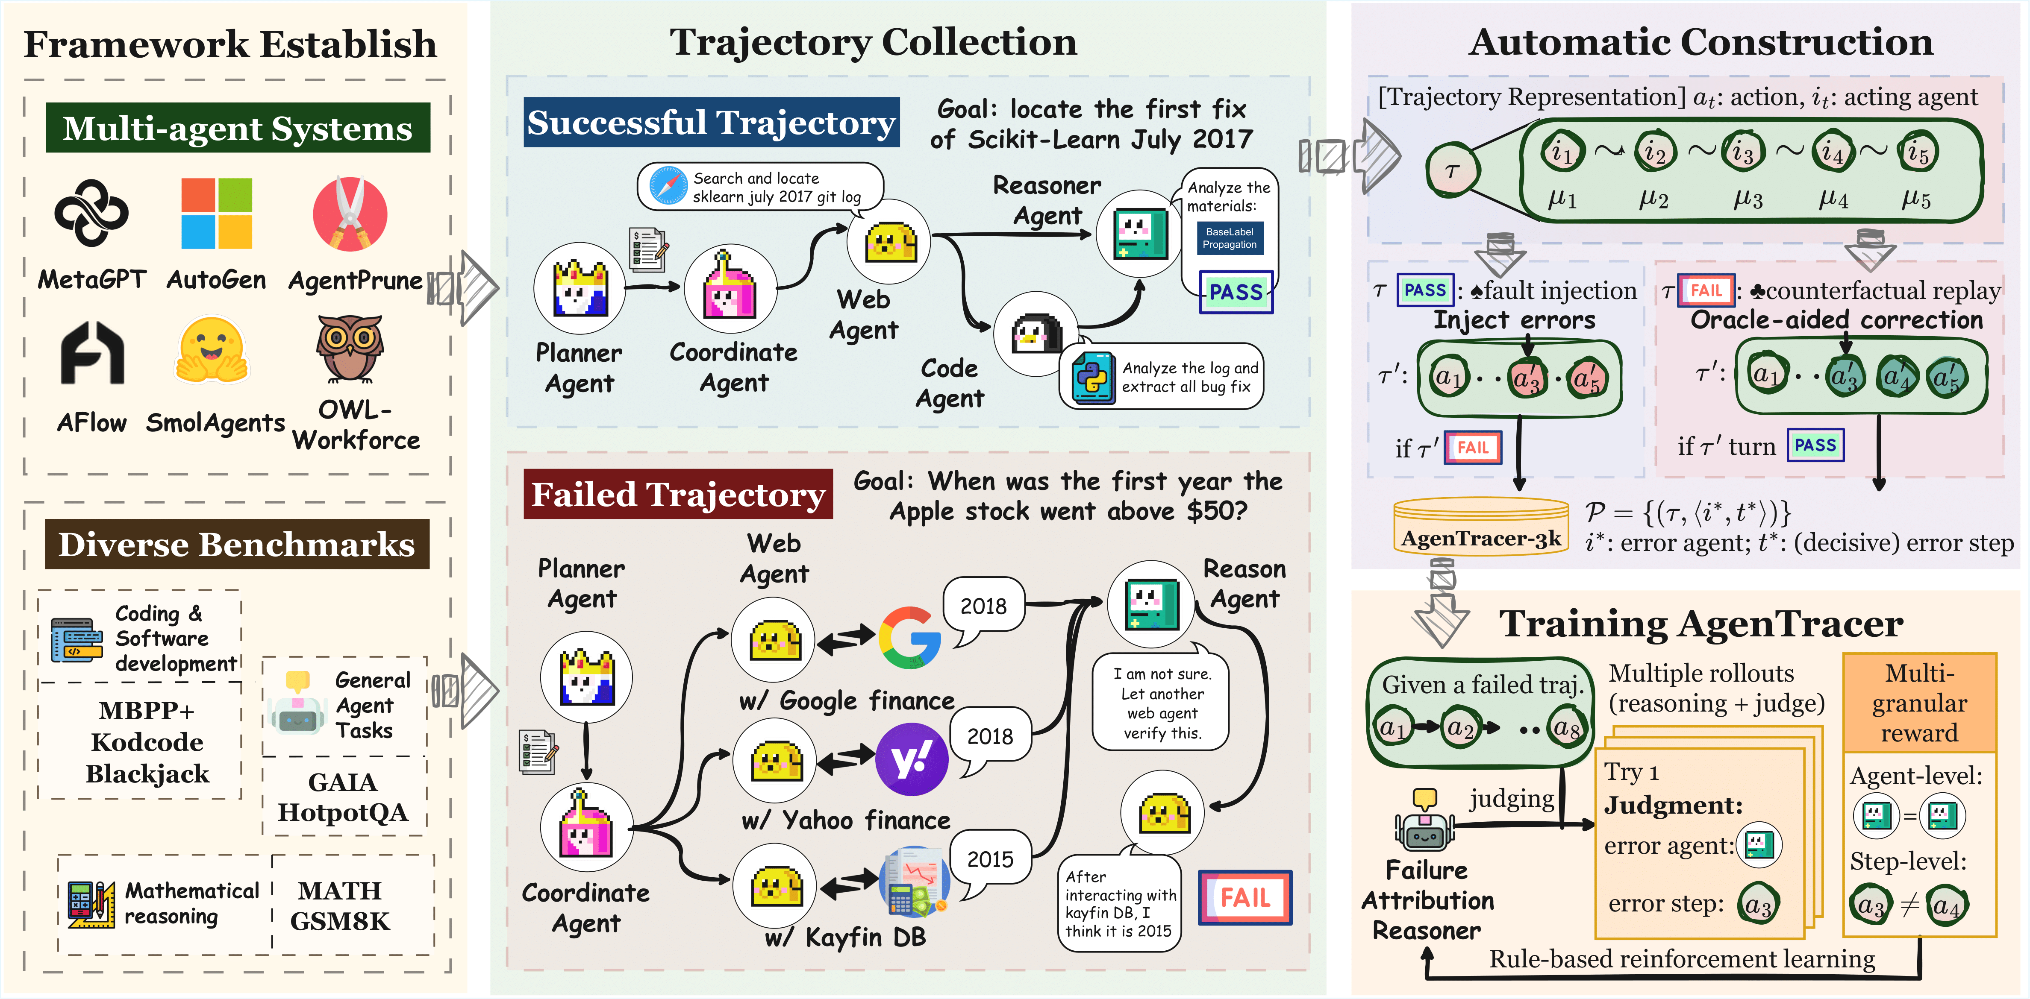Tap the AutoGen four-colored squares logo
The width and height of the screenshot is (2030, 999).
(x=217, y=213)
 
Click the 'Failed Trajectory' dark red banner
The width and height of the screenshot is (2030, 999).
(x=678, y=494)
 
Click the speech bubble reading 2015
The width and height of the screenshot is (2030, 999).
(x=990, y=859)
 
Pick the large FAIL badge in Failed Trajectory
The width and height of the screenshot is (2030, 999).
(x=1244, y=897)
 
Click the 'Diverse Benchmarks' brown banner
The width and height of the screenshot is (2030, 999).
(x=236, y=544)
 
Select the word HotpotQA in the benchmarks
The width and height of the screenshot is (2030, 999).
(x=343, y=812)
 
